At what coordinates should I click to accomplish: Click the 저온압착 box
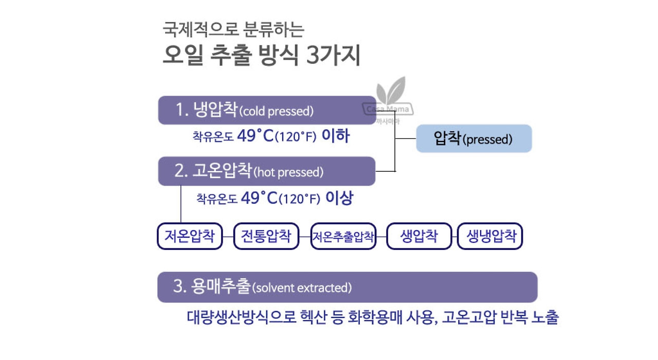tap(190, 236)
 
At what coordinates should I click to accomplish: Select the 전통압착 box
tap(266, 236)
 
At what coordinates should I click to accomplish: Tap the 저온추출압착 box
tap(343, 237)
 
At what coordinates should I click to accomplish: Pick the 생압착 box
tap(419, 236)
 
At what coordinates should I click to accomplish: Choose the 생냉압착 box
tap(490, 236)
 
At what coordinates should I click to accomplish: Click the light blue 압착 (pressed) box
tap(473, 138)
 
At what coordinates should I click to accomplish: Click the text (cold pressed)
tap(277, 111)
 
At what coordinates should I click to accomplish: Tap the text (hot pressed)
tap(288, 172)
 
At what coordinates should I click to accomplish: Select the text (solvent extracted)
tap(302, 287)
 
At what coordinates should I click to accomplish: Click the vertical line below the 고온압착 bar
tap(181, 204)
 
